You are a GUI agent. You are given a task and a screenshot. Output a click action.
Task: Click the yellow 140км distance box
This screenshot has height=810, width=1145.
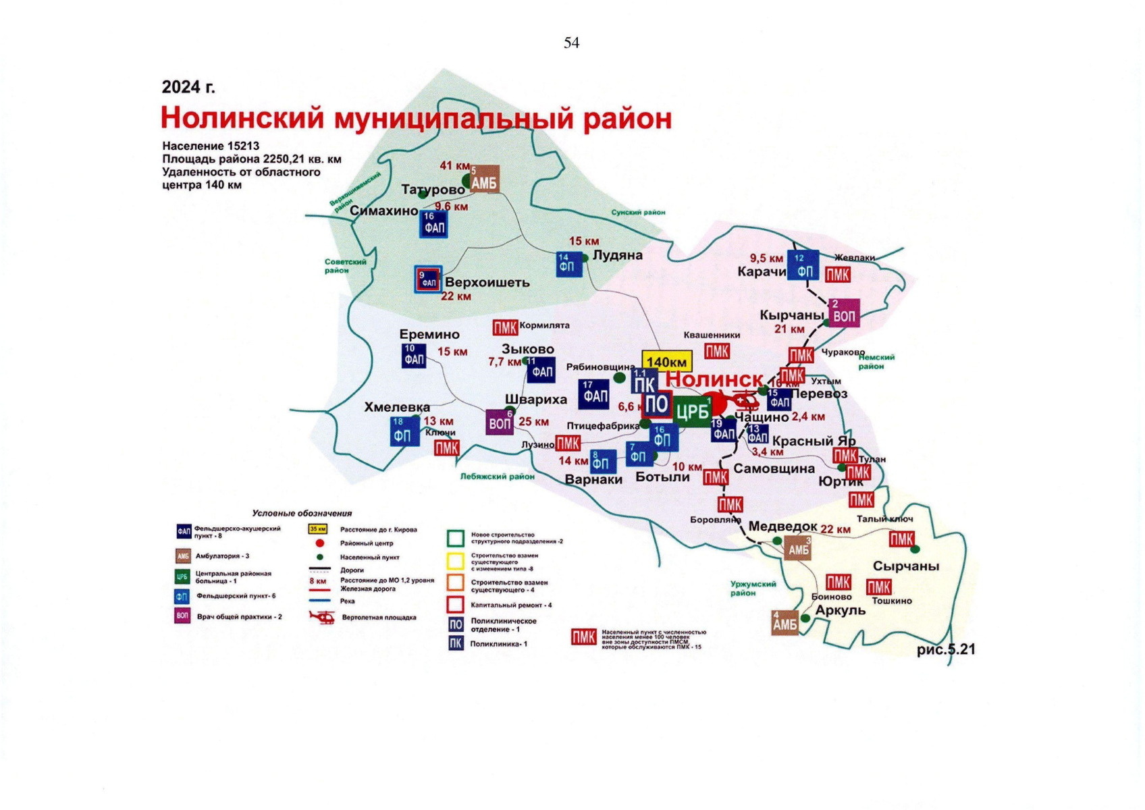pos(667,361)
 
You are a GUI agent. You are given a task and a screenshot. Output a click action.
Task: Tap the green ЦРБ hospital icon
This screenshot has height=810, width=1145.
pos(692,411)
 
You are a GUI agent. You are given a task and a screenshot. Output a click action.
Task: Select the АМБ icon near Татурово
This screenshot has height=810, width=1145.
pos(484,180)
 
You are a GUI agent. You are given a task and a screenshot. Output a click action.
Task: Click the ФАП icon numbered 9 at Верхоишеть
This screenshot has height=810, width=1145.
pos(428,279)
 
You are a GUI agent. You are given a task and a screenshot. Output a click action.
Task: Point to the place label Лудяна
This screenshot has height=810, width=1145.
pos(617,255)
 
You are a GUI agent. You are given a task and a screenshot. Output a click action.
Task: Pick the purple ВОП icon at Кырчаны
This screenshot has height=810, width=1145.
pos(843,313)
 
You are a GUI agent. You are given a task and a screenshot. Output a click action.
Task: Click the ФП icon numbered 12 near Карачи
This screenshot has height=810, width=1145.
pos(803,265)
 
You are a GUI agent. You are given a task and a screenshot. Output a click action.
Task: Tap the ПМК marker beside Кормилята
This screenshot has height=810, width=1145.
pos(504,327)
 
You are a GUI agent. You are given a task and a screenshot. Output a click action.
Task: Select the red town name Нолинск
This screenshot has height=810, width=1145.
pos(714,379)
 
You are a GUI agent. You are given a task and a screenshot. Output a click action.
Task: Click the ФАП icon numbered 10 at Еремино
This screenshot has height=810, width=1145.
pos(413,356)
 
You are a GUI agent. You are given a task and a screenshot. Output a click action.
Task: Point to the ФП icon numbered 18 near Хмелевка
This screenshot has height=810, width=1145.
pos(404,431)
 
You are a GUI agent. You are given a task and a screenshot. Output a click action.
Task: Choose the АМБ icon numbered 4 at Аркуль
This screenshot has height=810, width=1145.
pos(784,622)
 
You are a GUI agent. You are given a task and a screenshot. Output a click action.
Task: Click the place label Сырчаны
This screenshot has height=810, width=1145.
pos(905,566)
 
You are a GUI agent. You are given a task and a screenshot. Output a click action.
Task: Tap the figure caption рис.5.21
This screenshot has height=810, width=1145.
pos(946,649)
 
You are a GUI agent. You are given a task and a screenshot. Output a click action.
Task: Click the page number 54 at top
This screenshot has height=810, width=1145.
pos(571,43)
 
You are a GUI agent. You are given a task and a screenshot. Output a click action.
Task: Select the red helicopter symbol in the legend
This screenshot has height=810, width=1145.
pos(321,616)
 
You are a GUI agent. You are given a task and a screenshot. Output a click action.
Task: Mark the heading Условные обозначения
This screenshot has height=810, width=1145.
pos(302,513)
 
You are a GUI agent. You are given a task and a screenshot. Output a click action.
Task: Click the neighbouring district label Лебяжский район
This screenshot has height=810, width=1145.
pos(497,476)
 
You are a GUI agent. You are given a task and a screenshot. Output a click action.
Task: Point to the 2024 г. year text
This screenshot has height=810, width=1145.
pos(188,87)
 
